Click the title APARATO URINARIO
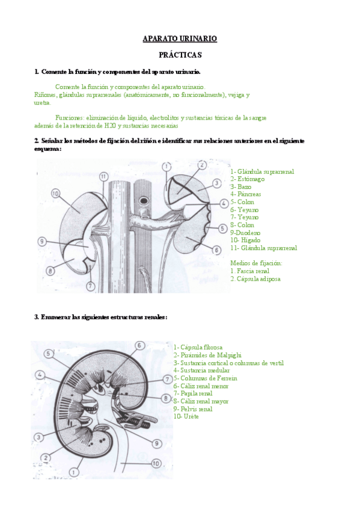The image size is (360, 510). click(180, 38)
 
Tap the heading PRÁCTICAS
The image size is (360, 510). click(180, 55)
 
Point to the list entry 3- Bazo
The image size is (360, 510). click(241, 186)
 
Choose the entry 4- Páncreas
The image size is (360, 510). click(246, 194)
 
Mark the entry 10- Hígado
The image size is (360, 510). click(245, 240)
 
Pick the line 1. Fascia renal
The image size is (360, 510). click(249, 271)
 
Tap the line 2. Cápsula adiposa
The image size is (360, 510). click(255, 278)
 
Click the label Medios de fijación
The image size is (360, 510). click(256, 263)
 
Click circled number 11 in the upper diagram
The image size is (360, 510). click(103, 176)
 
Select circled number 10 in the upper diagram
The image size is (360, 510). click(55, 194)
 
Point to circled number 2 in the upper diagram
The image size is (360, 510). click(202, 164)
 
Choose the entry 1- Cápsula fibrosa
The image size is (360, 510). click(198, 347)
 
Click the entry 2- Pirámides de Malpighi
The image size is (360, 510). click(207, 355)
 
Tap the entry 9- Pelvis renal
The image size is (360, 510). click(193, 408)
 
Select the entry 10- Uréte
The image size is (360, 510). click(186, 416)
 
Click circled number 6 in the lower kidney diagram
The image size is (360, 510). click(139, 345)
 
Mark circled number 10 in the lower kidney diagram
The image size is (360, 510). click(155, 464)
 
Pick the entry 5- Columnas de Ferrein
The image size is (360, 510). click(205, 378)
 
